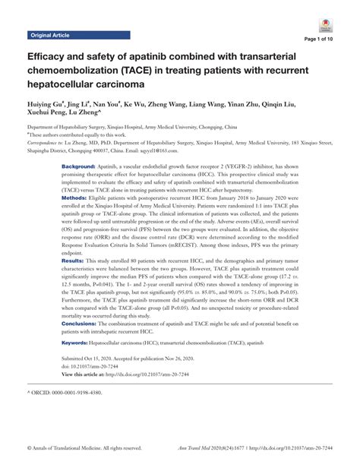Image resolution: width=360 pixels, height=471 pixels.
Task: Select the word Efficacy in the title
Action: pyautogui.click(x=49, y=58)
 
